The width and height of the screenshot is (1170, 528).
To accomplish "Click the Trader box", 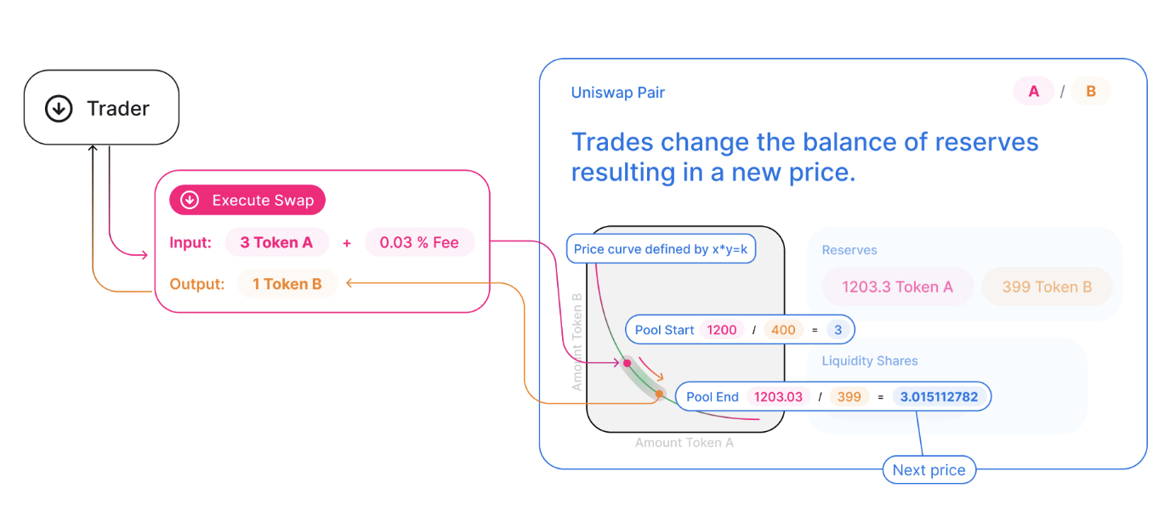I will tap(101, 108).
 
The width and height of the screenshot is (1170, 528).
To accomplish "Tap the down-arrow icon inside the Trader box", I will tap(59, 108).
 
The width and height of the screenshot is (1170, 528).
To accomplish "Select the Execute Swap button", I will tap(247, 201).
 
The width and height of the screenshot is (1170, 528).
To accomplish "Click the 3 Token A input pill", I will tap(276, 242).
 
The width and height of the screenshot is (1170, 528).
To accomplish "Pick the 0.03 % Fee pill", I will tap(419, 242).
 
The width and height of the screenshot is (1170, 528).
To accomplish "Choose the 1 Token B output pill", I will tap(287, 284).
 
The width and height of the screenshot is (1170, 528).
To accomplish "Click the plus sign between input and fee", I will tap(347, 243).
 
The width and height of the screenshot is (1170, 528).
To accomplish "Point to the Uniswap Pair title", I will tap(618, 93).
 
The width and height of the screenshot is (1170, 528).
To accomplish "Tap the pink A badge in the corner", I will tap(1034, 92).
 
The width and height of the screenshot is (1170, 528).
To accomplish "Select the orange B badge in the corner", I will tap(1091, 92).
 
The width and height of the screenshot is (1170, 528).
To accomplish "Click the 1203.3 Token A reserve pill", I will tap(897, 287).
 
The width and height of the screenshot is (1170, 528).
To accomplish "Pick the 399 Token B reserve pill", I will tap(1047, 287).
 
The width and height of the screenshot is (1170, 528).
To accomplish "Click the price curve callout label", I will tap(661, 249).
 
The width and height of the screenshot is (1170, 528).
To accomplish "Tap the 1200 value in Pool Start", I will tap(722, 330).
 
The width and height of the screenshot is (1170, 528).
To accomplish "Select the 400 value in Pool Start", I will tap(783, 330).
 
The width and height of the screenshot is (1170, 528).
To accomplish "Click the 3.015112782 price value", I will tap(939, 397).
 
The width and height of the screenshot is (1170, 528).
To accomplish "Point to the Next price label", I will tap(929, 470).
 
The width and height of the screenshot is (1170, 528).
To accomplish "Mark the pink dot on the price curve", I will tap(628, 363).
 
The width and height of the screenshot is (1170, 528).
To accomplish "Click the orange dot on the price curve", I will tap(659, 394).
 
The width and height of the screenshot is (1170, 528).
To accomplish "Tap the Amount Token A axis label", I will tap(684, 443).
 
